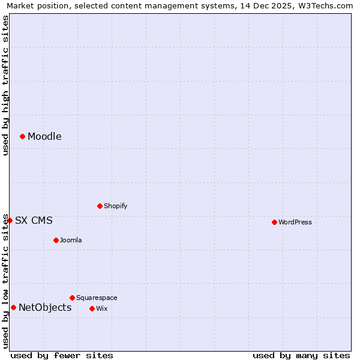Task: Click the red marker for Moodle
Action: (22, 136)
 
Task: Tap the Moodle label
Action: (44, 137)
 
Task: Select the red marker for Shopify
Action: (100, 206)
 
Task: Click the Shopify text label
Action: (115, 206)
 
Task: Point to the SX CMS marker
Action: (10, 220)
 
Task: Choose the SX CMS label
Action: (34, 221)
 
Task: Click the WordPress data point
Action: (274, 222)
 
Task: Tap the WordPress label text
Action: (295, 222)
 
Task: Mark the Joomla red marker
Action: (56, 240)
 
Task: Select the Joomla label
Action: (71, 241)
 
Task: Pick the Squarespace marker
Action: (72, 298)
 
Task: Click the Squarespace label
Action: (97, 298)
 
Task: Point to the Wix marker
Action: (92, 308)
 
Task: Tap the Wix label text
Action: (101, 309)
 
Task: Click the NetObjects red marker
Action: (13, 307)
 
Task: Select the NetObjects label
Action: (45, 308)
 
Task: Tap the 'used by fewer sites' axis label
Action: (62, 355)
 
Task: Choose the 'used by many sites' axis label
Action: (301, 355)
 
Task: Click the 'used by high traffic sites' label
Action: (5, 85)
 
